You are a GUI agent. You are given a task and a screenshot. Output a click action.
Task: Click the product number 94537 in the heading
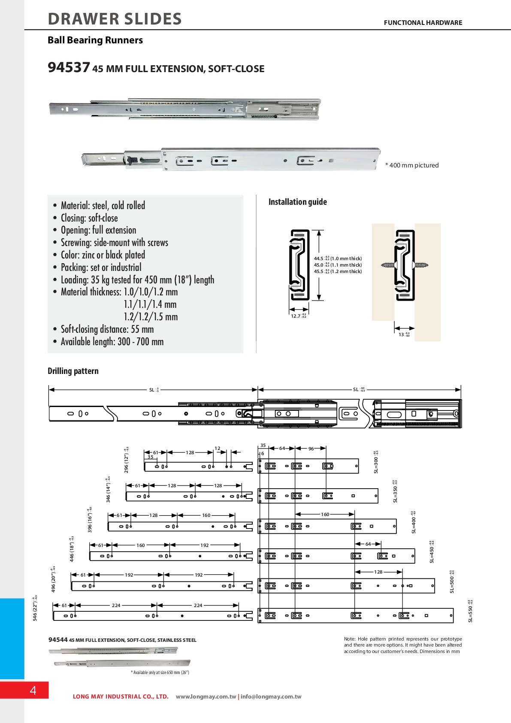[x=69, y=67]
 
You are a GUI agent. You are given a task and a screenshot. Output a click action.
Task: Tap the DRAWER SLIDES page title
[x=115, y=19]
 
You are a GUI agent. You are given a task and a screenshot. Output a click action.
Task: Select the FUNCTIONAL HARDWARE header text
[x=423, y=23]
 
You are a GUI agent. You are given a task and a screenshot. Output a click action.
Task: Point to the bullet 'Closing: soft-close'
[x=89, y=218]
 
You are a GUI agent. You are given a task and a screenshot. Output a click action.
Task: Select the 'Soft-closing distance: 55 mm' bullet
[x=107, y=329]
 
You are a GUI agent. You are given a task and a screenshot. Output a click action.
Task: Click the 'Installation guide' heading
[x=297, y=202]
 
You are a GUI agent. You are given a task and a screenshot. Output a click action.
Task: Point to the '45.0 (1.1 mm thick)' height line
[x=338, y=265]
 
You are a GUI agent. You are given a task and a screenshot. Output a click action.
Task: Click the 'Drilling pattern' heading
[x=73, y=371]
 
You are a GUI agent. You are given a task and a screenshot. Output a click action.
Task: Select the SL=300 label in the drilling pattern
[x=376, y=462]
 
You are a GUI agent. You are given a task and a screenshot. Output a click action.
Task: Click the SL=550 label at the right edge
[x=470, y=611]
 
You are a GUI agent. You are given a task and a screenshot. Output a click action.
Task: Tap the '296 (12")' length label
[x=127, y=460]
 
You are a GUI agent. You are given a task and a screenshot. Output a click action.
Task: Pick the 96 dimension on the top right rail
[x=311, y=449]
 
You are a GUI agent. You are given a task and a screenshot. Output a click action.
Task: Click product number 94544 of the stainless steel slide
[x=58, y=640]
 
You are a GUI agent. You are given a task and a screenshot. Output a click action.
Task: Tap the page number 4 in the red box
[x=33, y=690]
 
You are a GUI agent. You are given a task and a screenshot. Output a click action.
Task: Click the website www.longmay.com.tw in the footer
[x=206, y=696]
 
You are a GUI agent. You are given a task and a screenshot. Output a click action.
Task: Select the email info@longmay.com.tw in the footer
[x=271, y=696]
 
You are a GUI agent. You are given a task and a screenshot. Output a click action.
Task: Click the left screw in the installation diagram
[x=388, y=265]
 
